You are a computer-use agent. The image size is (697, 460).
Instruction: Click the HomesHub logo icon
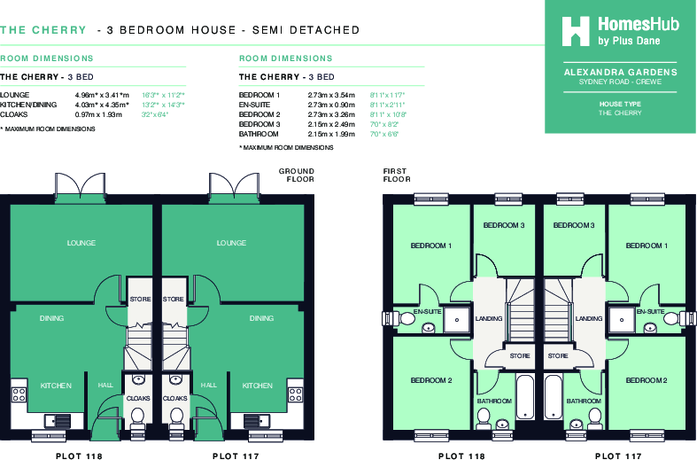pyautogui.click(x=576, y=30)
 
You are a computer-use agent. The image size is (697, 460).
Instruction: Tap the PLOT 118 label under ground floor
pyautogui.click(x=78, y=456)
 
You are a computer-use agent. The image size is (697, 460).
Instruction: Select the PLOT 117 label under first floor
pyautogui.click(x=619, y=456)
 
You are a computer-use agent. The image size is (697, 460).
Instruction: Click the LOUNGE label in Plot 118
pyautogui.click(x=81, y=243)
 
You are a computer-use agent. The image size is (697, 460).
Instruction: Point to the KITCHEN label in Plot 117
pyautogui.click(x=258, y=386)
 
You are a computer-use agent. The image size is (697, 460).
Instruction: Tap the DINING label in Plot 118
pyautogui.click(x=50, y=318)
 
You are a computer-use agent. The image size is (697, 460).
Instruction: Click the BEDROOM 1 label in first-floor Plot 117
pyautogui.click(x=647, y=246)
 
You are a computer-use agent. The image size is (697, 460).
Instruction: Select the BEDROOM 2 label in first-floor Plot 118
pyautogui.click(x=431, y=380)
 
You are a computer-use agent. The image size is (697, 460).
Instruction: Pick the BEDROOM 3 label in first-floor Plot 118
pyautogui.click(x=503, y=226)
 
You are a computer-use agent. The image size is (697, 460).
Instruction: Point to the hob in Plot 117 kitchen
pyautogui.click(x=295, y=391)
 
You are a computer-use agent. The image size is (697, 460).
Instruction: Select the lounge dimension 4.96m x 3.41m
pyautogui.click(x=102, y=94)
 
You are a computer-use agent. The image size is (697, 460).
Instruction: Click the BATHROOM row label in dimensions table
pyautogui.click(x=259, y=134)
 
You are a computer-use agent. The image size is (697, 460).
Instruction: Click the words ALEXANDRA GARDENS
pyautogui.click(x=620, y=72)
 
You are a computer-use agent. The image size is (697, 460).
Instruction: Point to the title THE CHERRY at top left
pyautogui.click(x=42, y=30)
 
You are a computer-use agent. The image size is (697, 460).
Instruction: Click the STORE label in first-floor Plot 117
pyautogui.click(x=557, y=356)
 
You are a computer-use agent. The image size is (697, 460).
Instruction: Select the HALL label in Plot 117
pyautogui.click(x=208, y=386)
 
